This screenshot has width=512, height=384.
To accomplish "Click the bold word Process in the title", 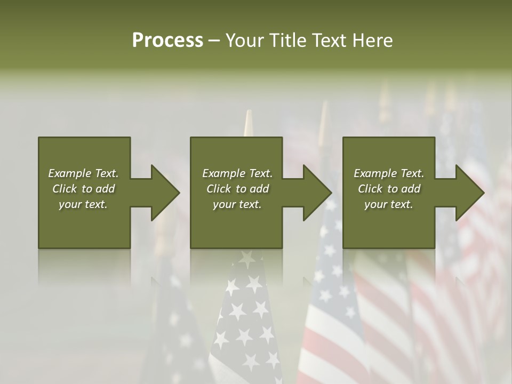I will click(x=167, y=41).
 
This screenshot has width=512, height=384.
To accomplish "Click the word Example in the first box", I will click(x=70, y=173).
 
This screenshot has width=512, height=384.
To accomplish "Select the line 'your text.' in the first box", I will click(x=83, y=204).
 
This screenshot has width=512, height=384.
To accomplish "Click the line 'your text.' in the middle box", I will click(x=237, y=204).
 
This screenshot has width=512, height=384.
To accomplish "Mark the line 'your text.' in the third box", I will click(x=388, y=204).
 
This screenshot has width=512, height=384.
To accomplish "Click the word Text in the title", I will click(x=330, y=41).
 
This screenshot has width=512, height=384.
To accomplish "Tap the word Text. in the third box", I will click(x=412, y=173).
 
